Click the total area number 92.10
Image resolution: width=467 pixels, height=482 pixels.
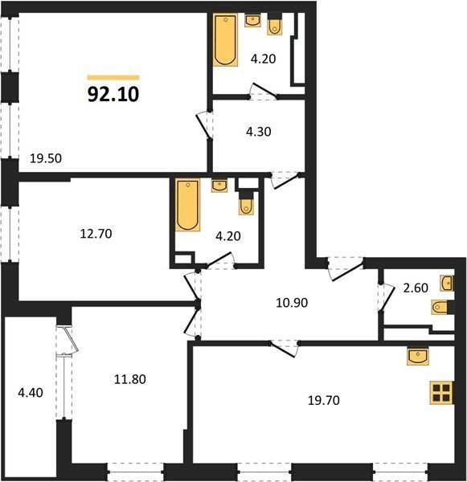(113, 94)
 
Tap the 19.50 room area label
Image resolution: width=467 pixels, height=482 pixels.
(46, 158)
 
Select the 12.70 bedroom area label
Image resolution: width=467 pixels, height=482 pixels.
(96, 234)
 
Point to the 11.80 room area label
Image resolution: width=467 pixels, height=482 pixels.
(130, 379)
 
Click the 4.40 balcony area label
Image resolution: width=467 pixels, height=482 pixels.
(31, 393)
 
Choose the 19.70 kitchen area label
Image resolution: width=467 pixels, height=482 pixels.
(324, 401)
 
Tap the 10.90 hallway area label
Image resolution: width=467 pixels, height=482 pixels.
(292, 303)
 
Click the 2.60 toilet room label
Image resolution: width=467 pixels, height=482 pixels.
(416, 288)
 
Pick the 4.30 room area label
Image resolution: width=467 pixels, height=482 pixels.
(259, 132)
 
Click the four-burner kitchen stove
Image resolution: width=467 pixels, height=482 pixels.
(441, 392)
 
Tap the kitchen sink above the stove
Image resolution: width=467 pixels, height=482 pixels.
(418, 356)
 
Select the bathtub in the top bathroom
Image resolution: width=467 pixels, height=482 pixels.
(226, 40)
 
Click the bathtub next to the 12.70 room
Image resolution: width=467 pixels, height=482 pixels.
(187, 205)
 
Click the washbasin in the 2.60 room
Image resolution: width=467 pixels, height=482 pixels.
(447, 283)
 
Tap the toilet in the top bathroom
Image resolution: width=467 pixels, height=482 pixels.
(275, 27)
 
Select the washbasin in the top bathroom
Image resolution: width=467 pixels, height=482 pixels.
(253, 21)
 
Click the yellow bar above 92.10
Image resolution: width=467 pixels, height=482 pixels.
(113, 77)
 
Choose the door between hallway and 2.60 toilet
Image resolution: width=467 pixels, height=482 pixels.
(387, 298)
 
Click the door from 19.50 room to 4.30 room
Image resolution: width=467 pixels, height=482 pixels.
(204, 126)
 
